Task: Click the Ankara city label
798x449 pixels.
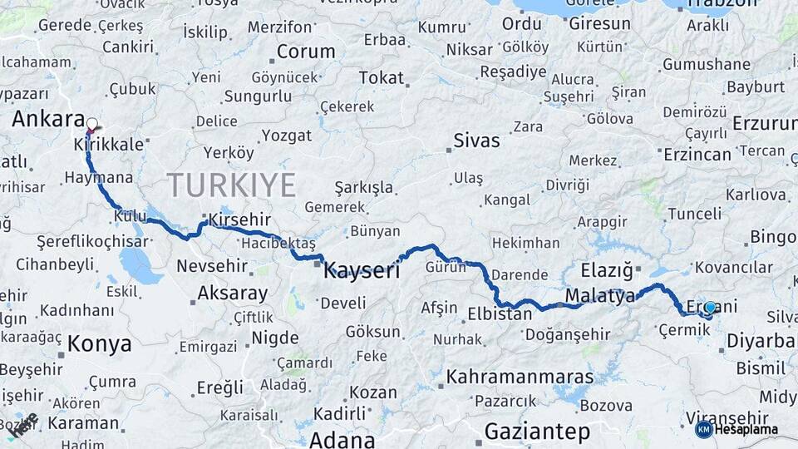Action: pos(48,119)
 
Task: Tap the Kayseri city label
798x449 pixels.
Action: pos(362,269)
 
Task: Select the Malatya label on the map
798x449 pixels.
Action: pos(599,295)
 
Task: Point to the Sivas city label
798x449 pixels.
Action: pos(476,140)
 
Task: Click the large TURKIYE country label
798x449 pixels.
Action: pos(231,185)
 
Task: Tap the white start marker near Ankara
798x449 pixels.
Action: pos(91,126)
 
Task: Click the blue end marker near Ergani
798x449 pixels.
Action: pos(709,308)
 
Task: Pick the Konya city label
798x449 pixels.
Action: pos(99,343)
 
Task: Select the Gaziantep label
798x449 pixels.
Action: pos(537,432)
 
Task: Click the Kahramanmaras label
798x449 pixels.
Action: pos(520,377)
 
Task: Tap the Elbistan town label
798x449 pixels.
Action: pos(500,314)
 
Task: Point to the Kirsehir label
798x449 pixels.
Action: pos(240,220)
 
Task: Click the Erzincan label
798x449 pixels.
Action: pos(697,154)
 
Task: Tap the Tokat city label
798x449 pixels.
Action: pos(381,78)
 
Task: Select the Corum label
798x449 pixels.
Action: pos(305,52)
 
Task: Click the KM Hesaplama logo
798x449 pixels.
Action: pos(736,429)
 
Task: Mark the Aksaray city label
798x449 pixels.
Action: pos(232,293)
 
